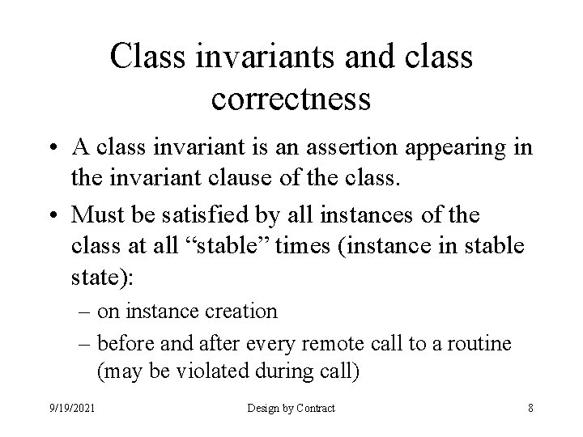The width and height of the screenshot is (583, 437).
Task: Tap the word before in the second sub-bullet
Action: [x=122, y=344]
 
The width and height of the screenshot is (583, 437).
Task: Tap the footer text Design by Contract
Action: [x=292, y=408]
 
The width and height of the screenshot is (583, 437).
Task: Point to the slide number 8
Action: [x=530, y=408]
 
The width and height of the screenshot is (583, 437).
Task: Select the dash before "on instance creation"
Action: [x=85, y=311]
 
